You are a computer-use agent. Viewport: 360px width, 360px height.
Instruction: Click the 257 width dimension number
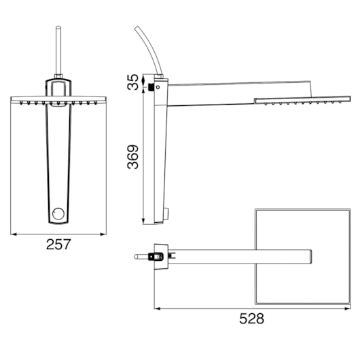[x=58, y=245]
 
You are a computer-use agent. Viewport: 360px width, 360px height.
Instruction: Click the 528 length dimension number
[x=251, y=319]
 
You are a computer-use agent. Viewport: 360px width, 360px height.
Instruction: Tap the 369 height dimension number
[x=133, y=157]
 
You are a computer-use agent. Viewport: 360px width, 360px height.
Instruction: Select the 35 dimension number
[x=133, y=82]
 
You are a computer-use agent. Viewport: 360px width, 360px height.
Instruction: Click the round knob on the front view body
[x=58, y=214]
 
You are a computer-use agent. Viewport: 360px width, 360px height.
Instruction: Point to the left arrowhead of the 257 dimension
[x=14, y=234]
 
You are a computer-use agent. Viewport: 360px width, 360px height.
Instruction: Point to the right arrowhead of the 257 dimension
[x=103, y=234]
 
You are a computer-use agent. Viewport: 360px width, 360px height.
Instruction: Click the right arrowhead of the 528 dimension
[x=348, y=308]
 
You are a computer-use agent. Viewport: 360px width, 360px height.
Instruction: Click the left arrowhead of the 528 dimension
[x=158, y=308]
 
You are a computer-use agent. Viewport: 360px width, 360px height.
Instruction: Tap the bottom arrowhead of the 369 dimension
[x=143, y=221]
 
